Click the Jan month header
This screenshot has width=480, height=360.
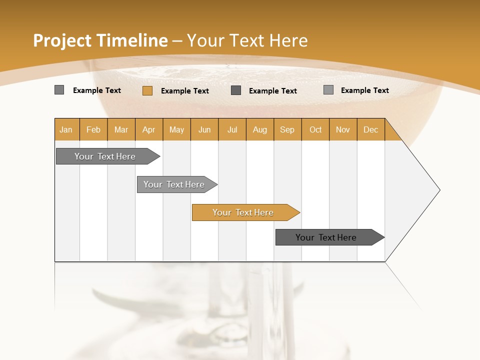pyautogui.click(x=66, y=129)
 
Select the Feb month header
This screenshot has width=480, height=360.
pyautogui.click(x=93, y=129)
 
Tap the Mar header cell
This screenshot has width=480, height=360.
pyautogui.click(x=121, y=129)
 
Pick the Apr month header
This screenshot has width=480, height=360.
pyautogui.click(x=149, y=129)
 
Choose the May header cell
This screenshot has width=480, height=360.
pyautogui.click(x=176, y=129)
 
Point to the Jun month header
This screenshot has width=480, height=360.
pyautogui.click(x=204, y=129)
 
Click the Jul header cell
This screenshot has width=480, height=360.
pyautogui.click(x=232, y=129)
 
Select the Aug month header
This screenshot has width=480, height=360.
pyautogui.click(x=260, y=129)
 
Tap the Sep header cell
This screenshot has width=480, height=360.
pyautogui.click(x=287, y=129)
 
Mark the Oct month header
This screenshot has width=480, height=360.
pyautogui.click(x=315, y=129)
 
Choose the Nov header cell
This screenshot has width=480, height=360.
pyautogui.click(x=343, y=129)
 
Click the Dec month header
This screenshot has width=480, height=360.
pyautogui.click(x=371, y=129)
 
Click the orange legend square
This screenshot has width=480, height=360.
pyautogui.click(x=147, y=90)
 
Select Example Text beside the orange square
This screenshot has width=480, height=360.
pyautogui.click(x=185, y=91)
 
